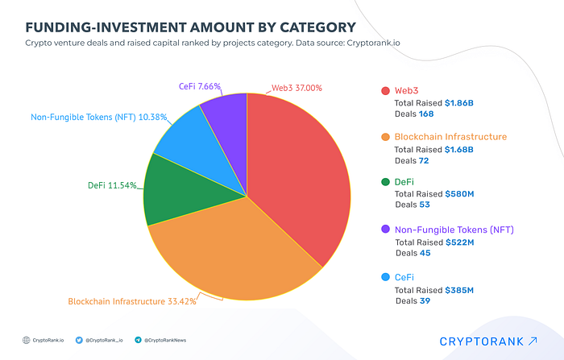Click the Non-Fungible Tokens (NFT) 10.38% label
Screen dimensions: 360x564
click(99, 117)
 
